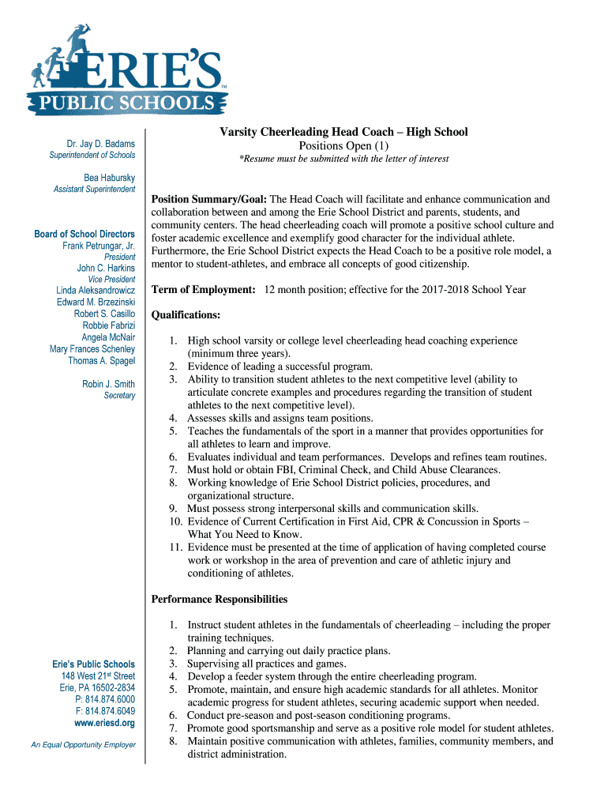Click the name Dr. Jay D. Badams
[x=100, y=144]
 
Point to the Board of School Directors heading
[x=84, y=234]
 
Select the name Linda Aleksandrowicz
[x=96, y=291]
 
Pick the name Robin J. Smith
[x=109, y=384]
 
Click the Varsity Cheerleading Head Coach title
[x=343, y=132]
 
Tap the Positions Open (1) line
[x=343, y=145]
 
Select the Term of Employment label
[x=203, y=290]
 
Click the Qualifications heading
[x=186, y=314]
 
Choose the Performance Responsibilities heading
[x=220, y=599]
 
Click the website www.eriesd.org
[x=104, y=723]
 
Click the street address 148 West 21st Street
[x=98, y=676]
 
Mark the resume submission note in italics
[x=343, y=159]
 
